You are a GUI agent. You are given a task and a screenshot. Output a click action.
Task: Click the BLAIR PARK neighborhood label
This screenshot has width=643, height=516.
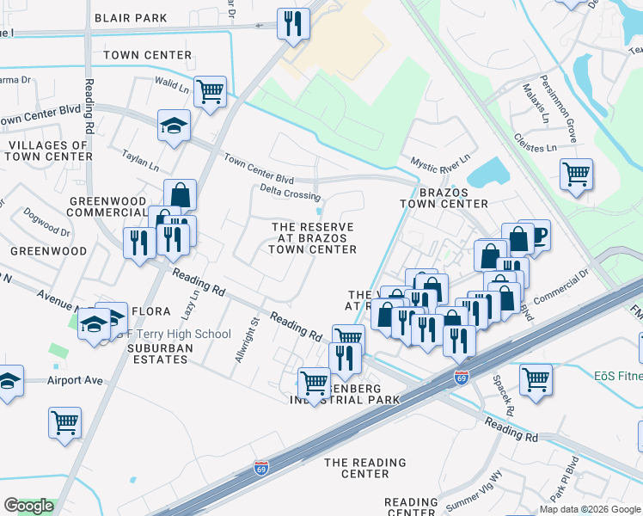(130, 17)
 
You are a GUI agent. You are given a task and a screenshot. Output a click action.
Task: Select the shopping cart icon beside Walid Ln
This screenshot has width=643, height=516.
(210, 91)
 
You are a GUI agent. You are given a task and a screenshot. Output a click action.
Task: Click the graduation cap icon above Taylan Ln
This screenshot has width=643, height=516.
(174, 126)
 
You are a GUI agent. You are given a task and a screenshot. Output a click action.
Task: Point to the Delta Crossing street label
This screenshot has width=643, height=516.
(291, 195)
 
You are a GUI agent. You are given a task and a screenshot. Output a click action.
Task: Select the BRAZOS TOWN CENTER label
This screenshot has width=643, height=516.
(444, 197)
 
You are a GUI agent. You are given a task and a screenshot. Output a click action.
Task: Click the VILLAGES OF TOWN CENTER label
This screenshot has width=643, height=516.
(46, 151)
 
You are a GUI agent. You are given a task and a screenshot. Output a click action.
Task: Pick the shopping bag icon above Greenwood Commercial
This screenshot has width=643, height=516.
(181, 195)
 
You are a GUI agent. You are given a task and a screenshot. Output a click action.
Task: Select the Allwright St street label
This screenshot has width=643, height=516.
(246, 340)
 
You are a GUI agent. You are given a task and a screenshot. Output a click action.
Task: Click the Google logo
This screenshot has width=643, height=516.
(29, 506)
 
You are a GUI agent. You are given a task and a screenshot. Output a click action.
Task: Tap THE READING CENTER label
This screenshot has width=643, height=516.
(364, 468)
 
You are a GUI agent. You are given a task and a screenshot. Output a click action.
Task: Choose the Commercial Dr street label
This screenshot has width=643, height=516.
(560, 288)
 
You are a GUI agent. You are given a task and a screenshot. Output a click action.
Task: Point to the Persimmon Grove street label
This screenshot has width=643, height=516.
(570, 113)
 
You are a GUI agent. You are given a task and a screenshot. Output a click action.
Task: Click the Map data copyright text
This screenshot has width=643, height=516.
(590, 509)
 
